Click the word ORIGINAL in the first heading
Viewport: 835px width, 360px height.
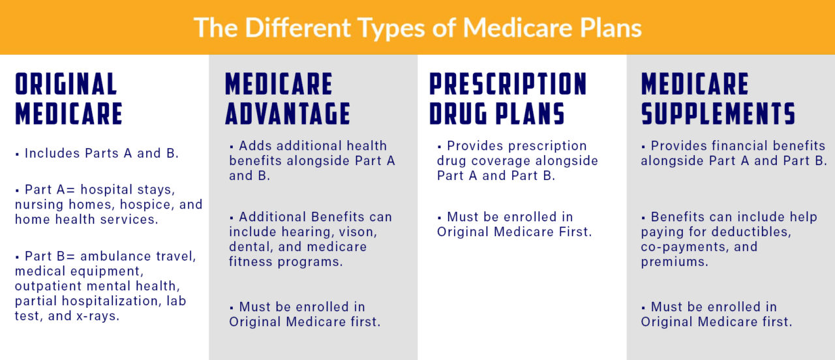[x=66, y=85]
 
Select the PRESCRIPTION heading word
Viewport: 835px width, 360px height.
[x=508, y=85]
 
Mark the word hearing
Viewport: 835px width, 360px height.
[x=304, y=232]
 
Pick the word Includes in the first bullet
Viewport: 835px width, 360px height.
[x=53, y=153]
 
